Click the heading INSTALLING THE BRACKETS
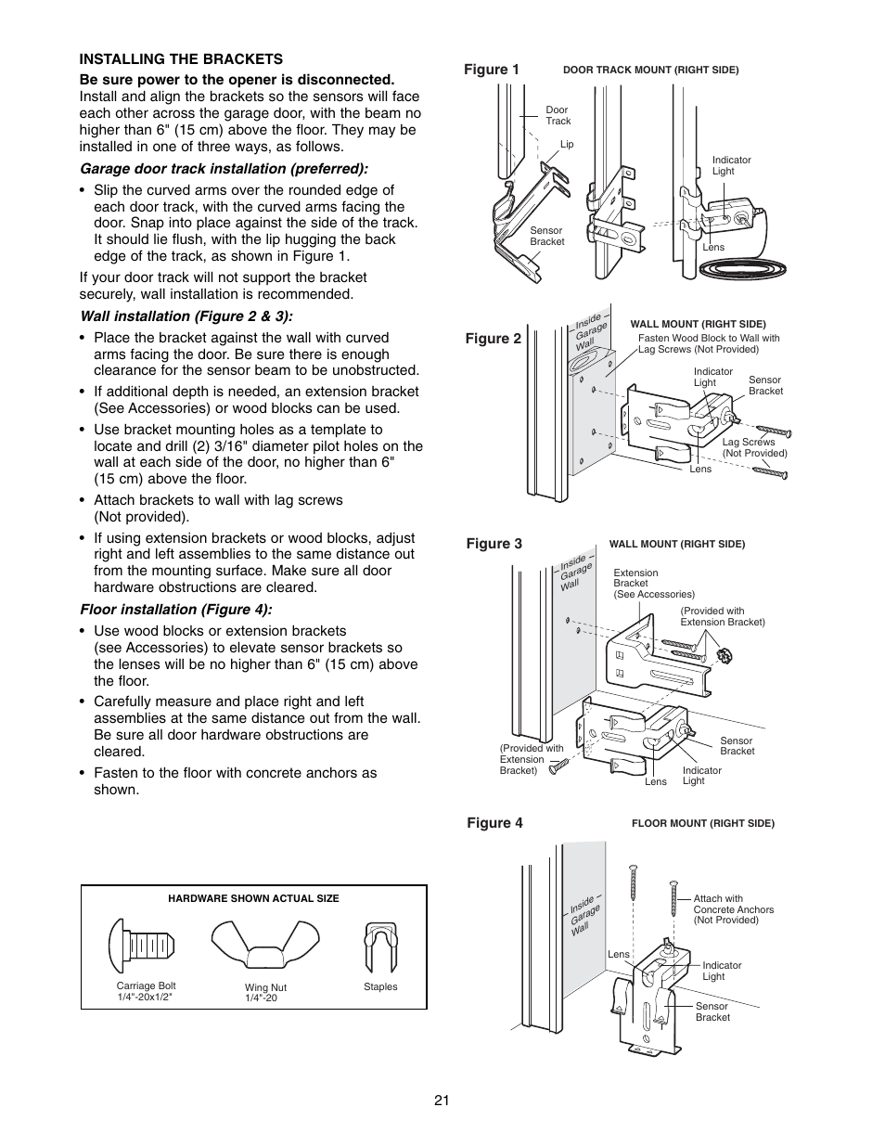tap(181, 59)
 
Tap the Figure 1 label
tap(492, 70)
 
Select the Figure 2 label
tap(494, 339)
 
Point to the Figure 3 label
tap(494, 544)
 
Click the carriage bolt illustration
tap(139, 946)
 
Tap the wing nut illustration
tap(261, 946)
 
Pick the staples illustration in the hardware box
tap(380, 946)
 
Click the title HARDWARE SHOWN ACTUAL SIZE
tap(253, 898)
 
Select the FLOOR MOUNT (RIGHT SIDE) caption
tap(702, 823)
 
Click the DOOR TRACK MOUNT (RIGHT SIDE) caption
tap(651, 70)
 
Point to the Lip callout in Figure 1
tap(567, 145)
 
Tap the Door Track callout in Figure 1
tap(558, 115)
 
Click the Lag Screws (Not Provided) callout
tap(754, 447)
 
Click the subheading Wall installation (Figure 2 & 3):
tap(192, 315)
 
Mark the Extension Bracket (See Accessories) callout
tap(653, 584)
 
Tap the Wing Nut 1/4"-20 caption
tap(265, 993)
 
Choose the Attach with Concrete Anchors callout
tap(733, 909)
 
